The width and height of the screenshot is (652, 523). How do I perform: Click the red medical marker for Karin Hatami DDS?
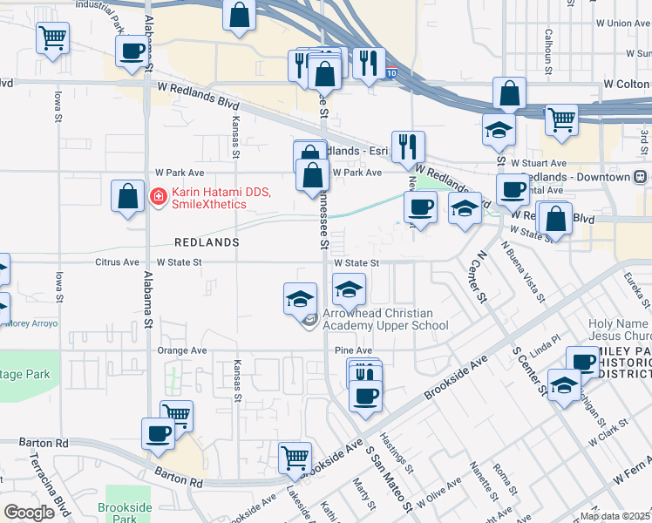click(x=158, y=197)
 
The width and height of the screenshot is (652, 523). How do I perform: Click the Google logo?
click(x=30, y=513)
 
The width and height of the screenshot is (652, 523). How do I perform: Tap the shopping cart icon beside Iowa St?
click(x=52, y=38)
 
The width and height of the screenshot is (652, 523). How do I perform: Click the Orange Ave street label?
click(x=181, y=350)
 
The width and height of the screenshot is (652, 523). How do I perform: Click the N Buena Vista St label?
click(x=522, y=270)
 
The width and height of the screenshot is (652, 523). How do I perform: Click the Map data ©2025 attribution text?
click(x=615, y=516)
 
